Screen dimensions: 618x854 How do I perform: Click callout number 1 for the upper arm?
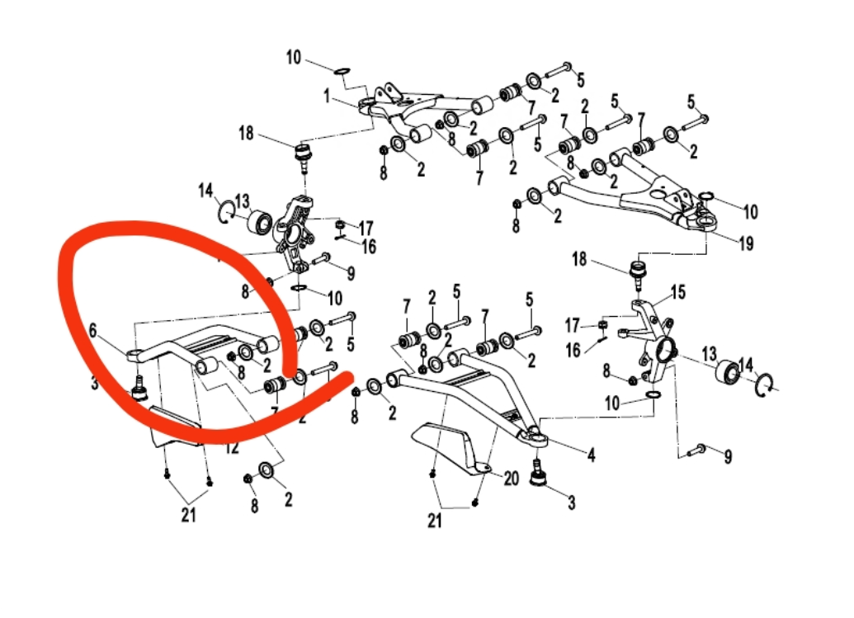click(327, 97)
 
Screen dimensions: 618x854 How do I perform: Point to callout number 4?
click(591, 453)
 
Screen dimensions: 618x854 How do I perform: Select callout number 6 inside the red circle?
click(93, 329)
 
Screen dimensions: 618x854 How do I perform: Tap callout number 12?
click(233, 449)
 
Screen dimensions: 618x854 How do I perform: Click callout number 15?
click(678, 292)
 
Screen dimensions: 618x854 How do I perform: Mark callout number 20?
click(511, 478)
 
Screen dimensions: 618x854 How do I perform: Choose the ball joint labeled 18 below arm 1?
click(303, 153)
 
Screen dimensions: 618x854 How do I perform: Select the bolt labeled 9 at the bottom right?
click(696, 449)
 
